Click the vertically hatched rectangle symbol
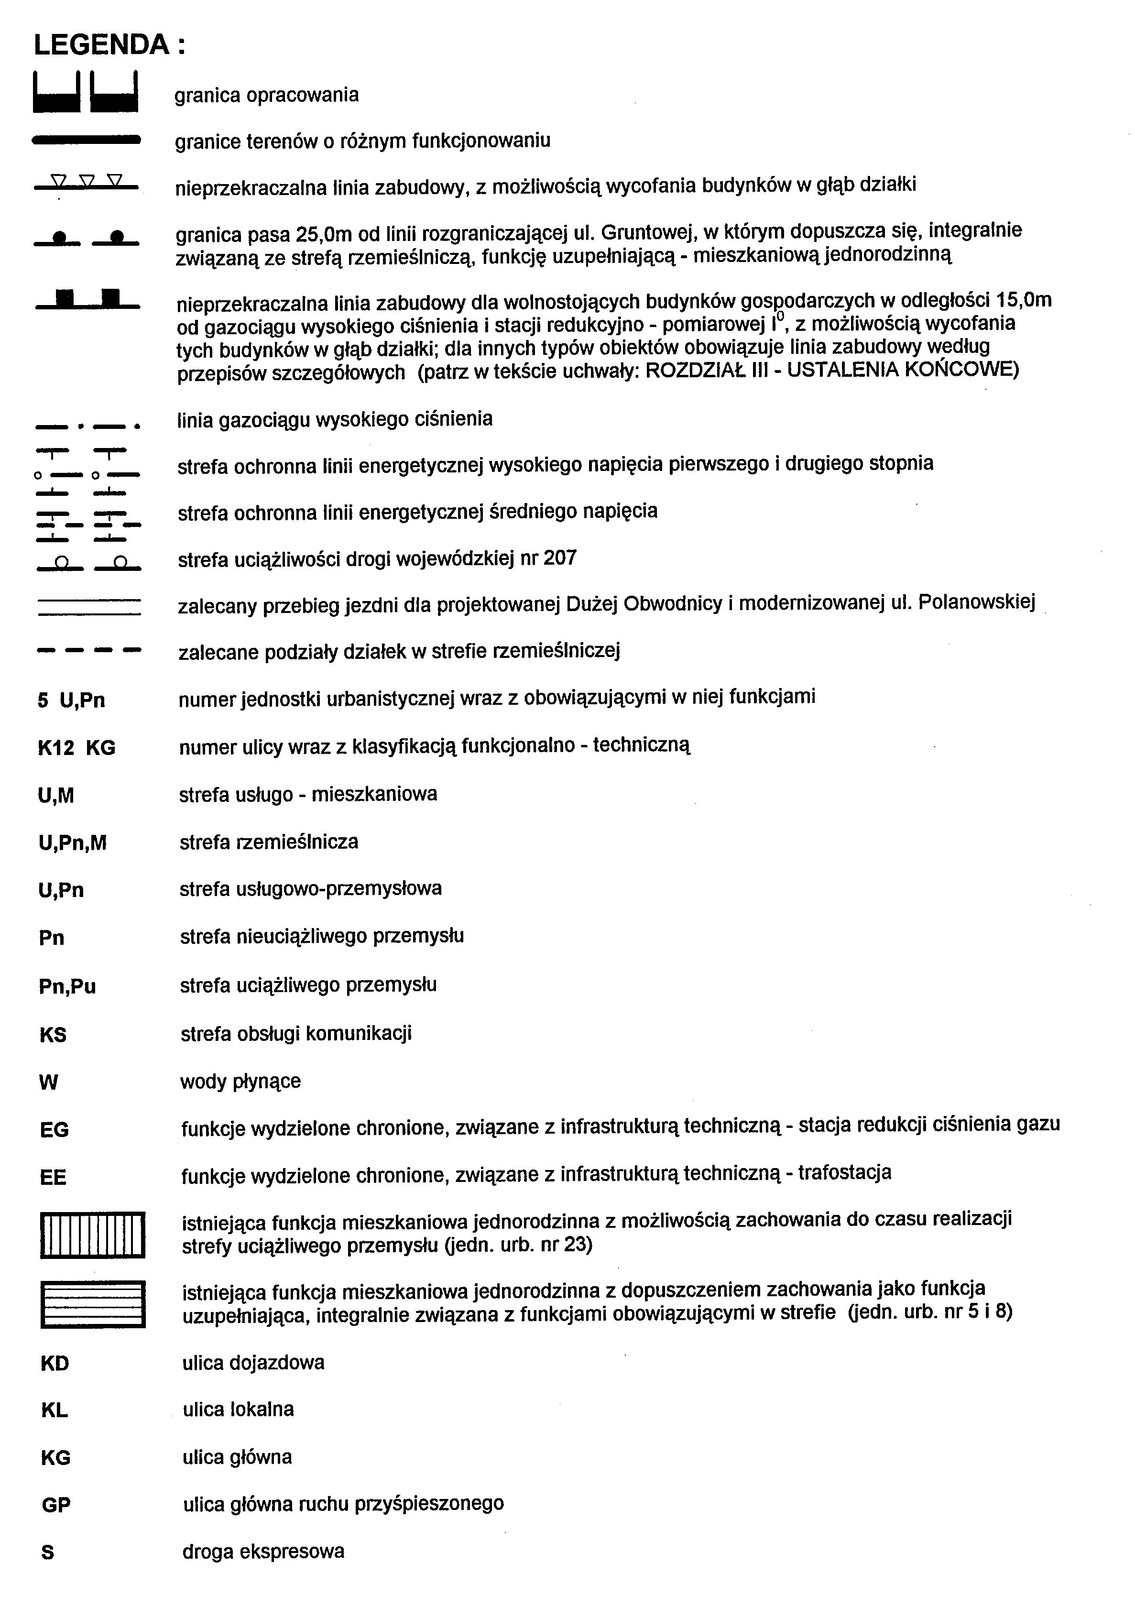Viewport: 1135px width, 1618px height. pyautogui.click(x=92, y=1235)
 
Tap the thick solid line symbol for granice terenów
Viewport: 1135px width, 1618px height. pyautogui.click(x=87, y=142)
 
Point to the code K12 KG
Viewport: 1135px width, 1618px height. pyautogui.click(x=76, y=748)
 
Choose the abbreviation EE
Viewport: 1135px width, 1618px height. pyautogui.click(x=54, y=1178)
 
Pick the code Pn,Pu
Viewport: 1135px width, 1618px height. pyautogui.click(x=67, y=986)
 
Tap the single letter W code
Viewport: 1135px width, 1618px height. pyautogui.click(x=49, y=1082)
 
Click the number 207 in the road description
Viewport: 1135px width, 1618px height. pyautogui.click(x=560, y=559)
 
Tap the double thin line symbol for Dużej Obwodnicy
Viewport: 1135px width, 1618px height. pyautogui.click(x=89, y=607)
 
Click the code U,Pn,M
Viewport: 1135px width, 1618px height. pyautogui.click(x=73, y=843)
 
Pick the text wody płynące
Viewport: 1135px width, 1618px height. pyautogui.click(x=240, y=1082)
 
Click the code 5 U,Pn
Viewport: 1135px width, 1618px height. pyautogui.click(x=71, y=700)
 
